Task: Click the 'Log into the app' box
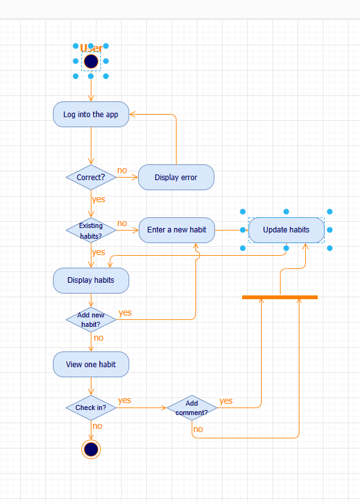tap(91, 115)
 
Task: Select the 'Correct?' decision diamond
tap(91, 178)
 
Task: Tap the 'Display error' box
tap(176, 178)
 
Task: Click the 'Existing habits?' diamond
tap(91, 231)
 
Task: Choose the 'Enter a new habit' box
tap(177, 230)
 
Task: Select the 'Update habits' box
tap(286, 230)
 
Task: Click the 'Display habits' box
tap(91, 280)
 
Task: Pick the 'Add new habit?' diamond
tap(91, 319)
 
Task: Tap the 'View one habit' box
tap(91, 364)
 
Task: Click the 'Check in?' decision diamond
tap(91, 408)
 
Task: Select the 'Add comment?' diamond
tap(192, 408)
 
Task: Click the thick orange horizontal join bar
tap(280, 297)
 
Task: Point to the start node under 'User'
tap(91, 62)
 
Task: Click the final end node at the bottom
tap(91, 449)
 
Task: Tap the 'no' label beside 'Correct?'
tap(122, 171)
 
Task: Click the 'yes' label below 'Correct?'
tap(98, 199)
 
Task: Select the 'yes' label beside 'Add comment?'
tap(226, 401)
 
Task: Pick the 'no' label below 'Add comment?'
tap(198, 429)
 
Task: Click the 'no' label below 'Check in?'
tap(97, 426)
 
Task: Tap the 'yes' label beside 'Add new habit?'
tap(125, 312)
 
